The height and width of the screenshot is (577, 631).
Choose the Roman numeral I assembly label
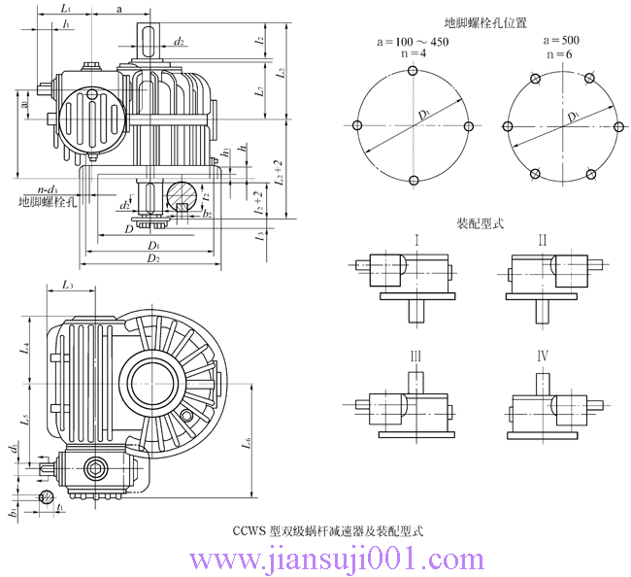click(415, 240)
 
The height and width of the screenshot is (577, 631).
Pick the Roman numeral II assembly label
click(543, 240)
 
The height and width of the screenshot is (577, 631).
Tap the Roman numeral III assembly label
click(415, 357)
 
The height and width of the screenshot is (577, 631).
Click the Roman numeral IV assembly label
click(543, 357)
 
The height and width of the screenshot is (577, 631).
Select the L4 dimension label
click(26, 346)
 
